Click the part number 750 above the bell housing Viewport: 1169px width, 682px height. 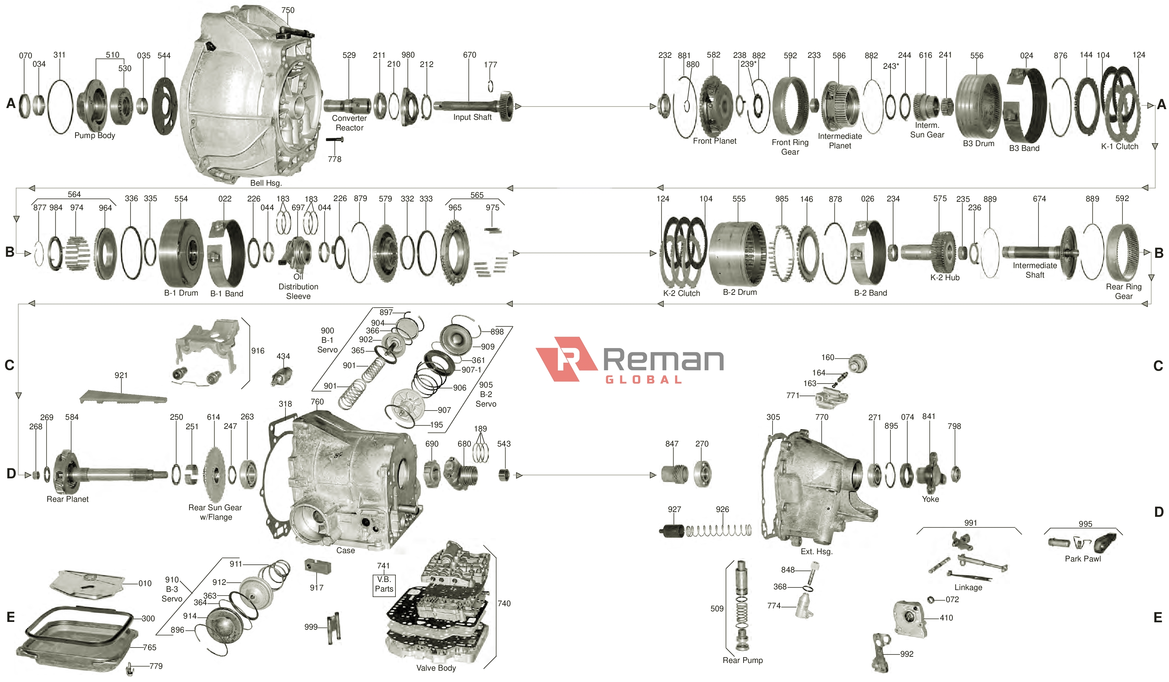pyautogui.click(x=288, y=10)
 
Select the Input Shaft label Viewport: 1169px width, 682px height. pyautogui.click(x=472, y=117)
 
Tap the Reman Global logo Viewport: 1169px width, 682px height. pyautogui.click(x=630, y=360)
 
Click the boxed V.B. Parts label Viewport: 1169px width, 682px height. pyautogui.click(x=384, y=584)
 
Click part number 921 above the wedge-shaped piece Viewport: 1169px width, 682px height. pyautogui.click(x=121, y=375)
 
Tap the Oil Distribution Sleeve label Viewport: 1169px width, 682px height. pyautogui.click(x=298, y=286)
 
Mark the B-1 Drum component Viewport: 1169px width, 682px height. pyautogui.click(x=181, y=253)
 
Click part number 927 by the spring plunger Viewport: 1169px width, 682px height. pyautogui.click(x=674, y=509)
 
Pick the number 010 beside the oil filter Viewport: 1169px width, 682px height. pyautogui.click(x=145, y=583)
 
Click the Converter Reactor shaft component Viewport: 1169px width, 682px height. pyautogui.click(x=347, y=106)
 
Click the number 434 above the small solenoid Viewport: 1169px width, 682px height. pyautogui.click(x=283, y=356)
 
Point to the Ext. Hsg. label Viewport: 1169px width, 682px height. pyautogui.click(x=816, y=551)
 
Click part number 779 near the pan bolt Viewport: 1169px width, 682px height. pyautogui.click(x=156, y=666)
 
